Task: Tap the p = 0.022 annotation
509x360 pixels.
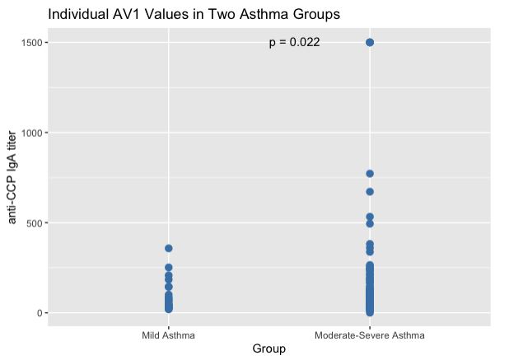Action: [294, 42]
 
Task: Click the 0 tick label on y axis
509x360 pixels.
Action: [40, 313]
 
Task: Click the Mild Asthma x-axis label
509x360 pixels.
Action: [169, 335]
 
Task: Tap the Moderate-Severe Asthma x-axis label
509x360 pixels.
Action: [370, 335]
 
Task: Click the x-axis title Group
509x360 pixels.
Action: [269, 349]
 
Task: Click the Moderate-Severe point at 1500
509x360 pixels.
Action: [370, 42]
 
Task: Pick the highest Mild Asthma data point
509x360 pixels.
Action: [169, 248]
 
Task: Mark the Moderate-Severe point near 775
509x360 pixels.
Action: [370, 174]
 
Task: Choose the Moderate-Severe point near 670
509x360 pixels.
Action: [370, 192]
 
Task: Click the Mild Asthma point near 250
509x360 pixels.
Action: [169, 268]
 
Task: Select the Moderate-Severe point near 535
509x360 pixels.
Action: [370, 217]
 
